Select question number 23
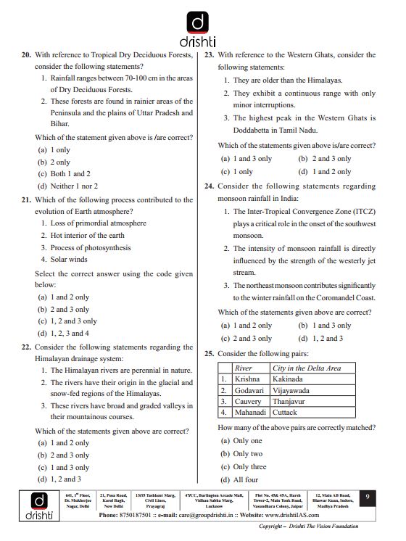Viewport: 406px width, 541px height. coord(210,55)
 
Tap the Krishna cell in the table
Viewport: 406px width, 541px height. coord(247,379)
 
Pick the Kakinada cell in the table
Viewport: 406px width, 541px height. coord(288,379)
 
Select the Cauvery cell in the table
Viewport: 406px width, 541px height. coord(249,401)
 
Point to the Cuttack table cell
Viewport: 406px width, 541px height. coord(284,413)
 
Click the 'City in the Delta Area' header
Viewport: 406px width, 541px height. coord(306,368)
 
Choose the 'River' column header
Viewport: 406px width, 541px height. coord(244,368)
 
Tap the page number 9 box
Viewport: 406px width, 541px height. coord(368,496)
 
